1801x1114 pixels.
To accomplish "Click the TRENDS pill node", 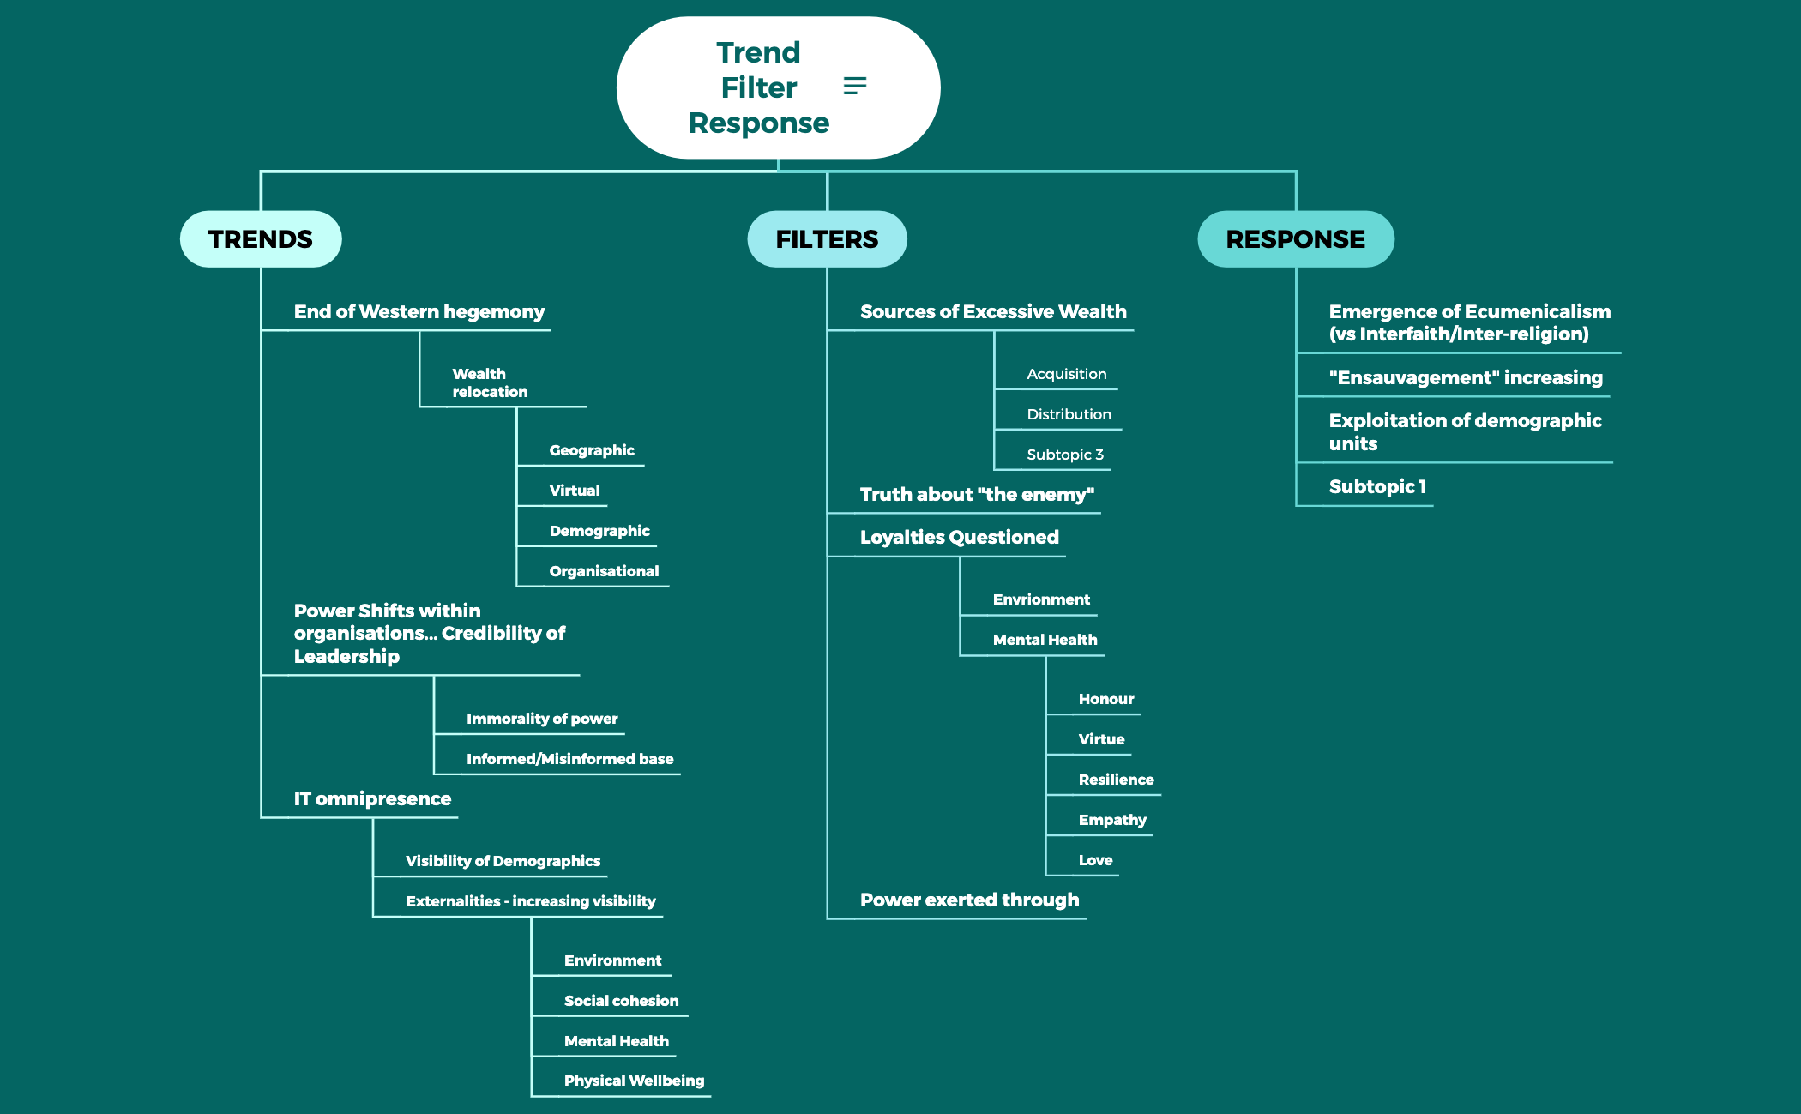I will (261, 239).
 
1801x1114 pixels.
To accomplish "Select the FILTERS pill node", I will (827, 239).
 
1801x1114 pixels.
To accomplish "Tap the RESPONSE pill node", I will (1295, 239).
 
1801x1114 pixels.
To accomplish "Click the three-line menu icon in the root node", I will (855, 86).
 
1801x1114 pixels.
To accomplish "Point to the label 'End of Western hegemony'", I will (419, 312).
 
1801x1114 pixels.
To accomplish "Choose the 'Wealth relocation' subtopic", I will (490, 383).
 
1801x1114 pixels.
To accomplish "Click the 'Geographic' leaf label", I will (592, 450).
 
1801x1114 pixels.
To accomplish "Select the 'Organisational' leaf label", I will (604, 571).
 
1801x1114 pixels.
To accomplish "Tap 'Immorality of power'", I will (542, 719).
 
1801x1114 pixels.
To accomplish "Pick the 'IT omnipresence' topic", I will (372, 799).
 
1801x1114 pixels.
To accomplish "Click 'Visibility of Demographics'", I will (503, 861).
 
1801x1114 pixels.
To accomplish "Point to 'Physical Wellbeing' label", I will (634, 1081).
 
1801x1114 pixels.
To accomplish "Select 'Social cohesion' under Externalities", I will (621, 1001).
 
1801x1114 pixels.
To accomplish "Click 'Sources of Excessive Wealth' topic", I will (993, 312).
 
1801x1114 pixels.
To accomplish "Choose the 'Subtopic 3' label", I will (1065, 455).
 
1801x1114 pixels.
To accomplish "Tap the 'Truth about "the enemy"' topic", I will (977, 495).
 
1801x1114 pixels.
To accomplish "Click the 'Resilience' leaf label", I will (1116, 780).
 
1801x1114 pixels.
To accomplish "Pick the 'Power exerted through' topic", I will (969, 900).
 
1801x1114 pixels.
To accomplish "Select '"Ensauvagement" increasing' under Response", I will (1466, 378).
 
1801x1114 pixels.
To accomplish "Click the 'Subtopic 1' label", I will (1377, 487).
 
